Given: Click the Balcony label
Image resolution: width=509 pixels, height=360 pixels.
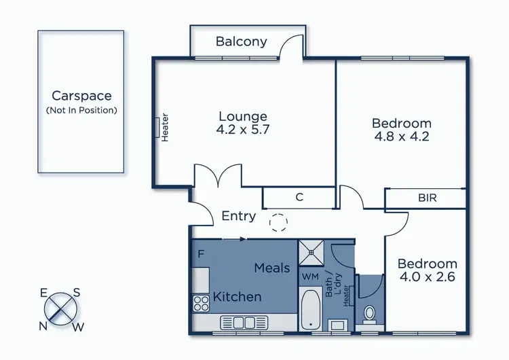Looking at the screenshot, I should [x=241, y=41].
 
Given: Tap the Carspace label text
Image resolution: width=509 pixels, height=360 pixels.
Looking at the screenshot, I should [x=81, y=96].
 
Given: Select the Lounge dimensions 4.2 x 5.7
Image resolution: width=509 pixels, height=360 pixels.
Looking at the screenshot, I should [x=243, y=130].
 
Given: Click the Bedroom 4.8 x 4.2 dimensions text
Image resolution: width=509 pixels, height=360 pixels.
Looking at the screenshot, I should [x=402, y=136].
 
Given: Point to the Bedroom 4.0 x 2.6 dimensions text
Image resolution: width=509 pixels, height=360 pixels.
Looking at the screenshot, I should [x=427, y=277].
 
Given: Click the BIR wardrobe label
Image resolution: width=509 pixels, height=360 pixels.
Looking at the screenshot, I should [x=428, y=198].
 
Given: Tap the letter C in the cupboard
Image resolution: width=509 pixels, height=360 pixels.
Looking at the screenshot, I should [x=299, y=198].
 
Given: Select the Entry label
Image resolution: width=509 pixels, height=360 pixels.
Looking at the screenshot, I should [x=239, y=216].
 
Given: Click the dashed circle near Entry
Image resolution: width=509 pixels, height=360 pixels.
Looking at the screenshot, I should [x=278, y=222].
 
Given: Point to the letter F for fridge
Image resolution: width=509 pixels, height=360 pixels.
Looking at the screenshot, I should [x=201, y=255].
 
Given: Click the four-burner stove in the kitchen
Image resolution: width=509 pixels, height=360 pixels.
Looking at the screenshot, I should [x=201, y=302].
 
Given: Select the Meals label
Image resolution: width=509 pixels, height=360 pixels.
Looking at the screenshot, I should [x=272, y=268].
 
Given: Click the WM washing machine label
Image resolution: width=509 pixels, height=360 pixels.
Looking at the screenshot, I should [x=309, y=276].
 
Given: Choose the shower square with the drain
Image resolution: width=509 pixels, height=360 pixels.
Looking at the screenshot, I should [x=312, y=252].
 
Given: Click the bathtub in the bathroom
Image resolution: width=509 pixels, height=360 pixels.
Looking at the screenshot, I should [x=312, y=310].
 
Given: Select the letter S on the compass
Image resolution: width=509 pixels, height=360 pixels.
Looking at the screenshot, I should [x=77, y=293].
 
